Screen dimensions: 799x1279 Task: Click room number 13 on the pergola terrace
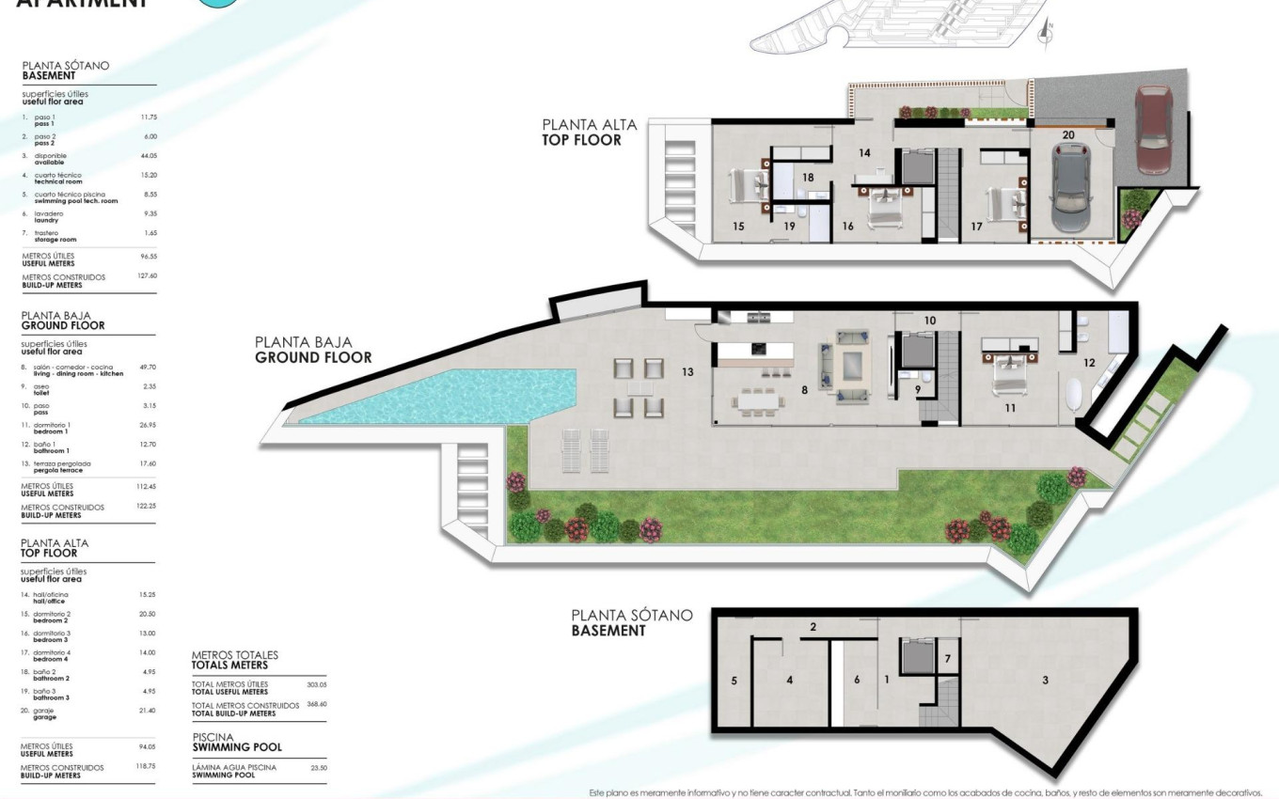[x=687, y=372]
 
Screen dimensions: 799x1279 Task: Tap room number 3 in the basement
[x=1045, y=680]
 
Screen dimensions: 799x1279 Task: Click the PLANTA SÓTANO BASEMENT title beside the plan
[x=631, y=622]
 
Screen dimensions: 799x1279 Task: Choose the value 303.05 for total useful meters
[x=316, y=684]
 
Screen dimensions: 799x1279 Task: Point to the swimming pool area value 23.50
[x=319, y=768]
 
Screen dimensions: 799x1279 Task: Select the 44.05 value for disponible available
[x=148, y=156]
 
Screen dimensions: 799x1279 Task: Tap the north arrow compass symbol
[x=1044, y=34]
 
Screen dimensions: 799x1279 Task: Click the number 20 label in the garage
[x=1068, y=134]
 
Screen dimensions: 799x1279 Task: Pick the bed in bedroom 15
[x=750, y=185]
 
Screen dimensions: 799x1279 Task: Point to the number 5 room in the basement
[x=734, y=680]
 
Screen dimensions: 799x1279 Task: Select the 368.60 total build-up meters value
[x=316, y=704]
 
